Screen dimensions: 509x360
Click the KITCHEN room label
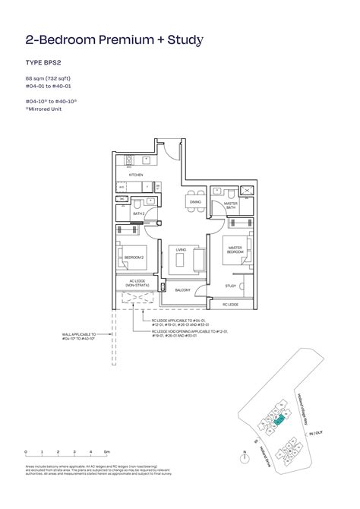[136, 175]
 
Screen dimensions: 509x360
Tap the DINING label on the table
[195, 202]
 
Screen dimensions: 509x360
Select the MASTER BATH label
[232, 206]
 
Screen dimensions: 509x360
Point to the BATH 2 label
[138, 215]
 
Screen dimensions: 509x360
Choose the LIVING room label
[182, 248]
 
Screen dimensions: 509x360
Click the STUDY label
[230, 286]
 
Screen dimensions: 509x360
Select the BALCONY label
[182, 290]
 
